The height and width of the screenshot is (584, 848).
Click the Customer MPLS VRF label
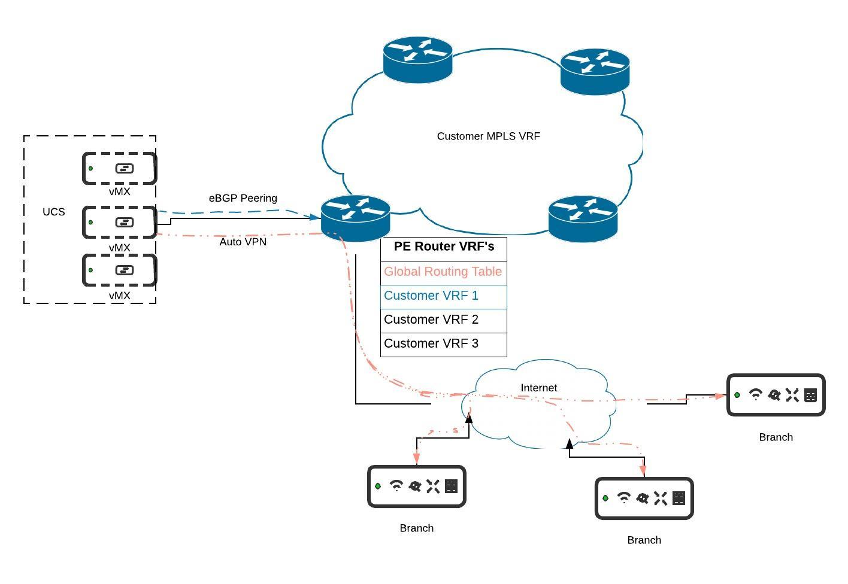pos(488,136)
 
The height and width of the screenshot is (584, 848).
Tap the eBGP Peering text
pos(243,198)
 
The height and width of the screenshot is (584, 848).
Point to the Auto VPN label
pos(243,242)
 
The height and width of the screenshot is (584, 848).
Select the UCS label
pos(54,212)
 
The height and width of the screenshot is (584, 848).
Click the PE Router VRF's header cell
pos(444,247)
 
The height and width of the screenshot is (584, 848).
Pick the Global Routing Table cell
pos(443,272)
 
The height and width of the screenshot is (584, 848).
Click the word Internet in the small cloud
pos(539,388)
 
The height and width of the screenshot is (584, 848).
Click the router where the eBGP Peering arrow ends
pos(355,218)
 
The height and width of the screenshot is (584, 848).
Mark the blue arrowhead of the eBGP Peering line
pos(314,218)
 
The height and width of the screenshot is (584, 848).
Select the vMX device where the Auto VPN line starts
pos(120,222)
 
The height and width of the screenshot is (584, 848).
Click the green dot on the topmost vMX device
pos(91,168)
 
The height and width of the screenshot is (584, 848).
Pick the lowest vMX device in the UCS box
pos(120,270)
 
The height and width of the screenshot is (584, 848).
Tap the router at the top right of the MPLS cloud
pos(595,71)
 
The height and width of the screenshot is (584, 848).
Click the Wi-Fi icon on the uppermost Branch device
pos(756,394)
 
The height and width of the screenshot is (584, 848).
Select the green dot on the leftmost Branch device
pos(378,486)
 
